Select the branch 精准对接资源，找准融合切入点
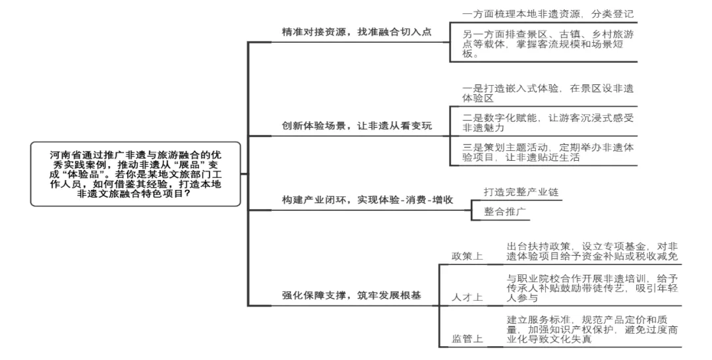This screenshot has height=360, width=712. [356, 32]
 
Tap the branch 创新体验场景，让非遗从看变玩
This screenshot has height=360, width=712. [357, 126]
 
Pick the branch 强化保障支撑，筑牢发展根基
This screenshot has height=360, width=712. [351, 295]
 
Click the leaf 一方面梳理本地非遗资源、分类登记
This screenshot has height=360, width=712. [548, 13]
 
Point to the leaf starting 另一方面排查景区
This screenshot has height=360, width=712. [548, 44]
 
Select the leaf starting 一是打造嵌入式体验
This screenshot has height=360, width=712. [548, 93]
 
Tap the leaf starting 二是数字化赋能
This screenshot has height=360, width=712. [548, 122]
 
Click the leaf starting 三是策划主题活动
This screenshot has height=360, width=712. [548, 152]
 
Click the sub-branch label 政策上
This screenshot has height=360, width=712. [467, 256]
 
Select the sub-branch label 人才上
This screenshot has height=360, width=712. [467, 297]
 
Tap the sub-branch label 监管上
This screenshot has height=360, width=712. [467, 339]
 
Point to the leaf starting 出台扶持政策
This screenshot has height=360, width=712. [592, 251]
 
